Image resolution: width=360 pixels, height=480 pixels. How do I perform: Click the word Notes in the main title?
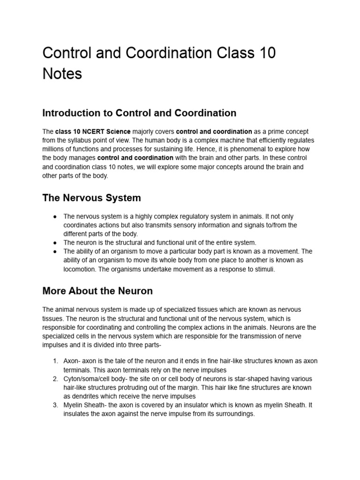[x=62, y=74]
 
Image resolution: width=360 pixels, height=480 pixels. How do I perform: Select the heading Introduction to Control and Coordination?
[x=139, y=113]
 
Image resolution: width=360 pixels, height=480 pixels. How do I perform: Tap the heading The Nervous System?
[x=91, y=198]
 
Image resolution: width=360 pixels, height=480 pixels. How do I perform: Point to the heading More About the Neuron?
[x=97, y=291]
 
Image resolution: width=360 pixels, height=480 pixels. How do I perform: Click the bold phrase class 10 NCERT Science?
[x=93, y=132]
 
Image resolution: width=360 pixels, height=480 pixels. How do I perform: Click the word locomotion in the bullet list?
[x=80, y=269]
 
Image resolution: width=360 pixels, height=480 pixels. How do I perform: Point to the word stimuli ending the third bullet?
[x=265, y=269]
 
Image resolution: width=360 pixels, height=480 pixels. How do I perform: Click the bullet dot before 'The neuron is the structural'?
[x=55, y=243]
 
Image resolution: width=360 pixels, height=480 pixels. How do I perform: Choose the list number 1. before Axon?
[x=55, y=360]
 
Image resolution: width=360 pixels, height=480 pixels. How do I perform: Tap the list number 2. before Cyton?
[x=55, y=378]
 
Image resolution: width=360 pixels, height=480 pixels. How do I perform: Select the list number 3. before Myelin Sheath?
[x=55, y=405]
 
